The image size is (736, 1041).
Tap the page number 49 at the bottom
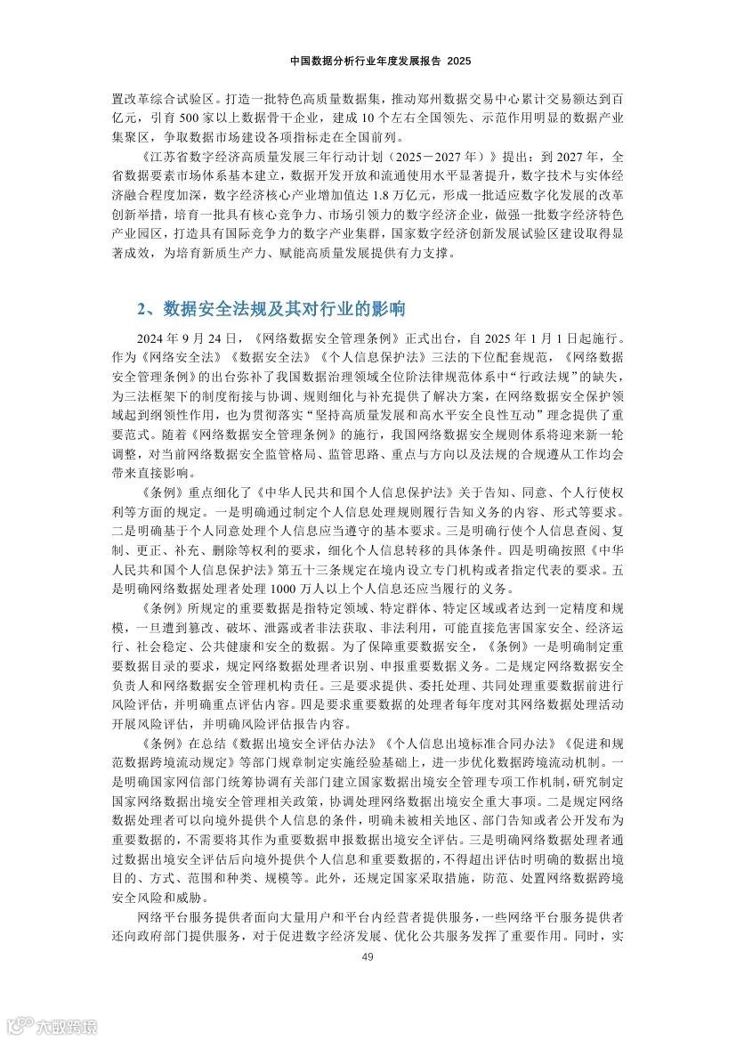(368, 957)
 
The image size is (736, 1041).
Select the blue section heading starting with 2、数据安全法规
(271, 309)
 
